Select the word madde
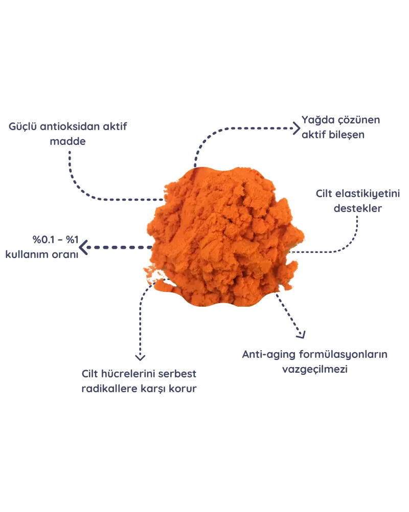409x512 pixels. coord(68,141)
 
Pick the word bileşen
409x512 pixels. coord(347,135)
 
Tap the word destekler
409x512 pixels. coord(358,208)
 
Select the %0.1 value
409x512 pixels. coord(43,240)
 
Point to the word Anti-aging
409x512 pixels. coord(269,355)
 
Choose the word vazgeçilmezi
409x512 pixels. coord(315,370)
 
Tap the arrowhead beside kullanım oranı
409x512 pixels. coord(83,247)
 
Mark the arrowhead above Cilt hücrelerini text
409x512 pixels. coord(140,357)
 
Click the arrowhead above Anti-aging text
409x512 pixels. coord(301,334)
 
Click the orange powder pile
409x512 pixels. coord(224,237)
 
